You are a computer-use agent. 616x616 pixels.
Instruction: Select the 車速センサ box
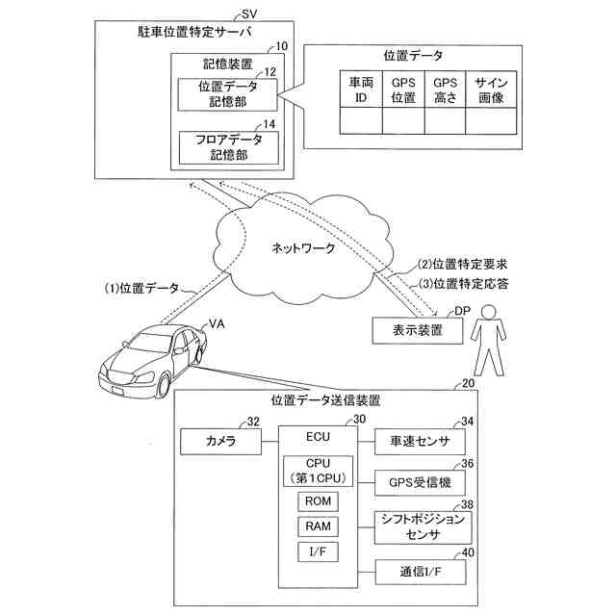click(419, 442)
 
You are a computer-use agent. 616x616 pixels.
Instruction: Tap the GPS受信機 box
click(419, 480)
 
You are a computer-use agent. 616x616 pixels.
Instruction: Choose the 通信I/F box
click(419, 571)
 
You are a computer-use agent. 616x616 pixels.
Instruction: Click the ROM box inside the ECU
click(317, 501)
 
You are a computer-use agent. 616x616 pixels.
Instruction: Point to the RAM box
click(317, 526)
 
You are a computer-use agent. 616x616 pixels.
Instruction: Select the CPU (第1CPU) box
click(317, 470)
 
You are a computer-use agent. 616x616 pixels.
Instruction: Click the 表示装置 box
click(418, 330)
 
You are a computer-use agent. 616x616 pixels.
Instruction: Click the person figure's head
click(490, 316)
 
